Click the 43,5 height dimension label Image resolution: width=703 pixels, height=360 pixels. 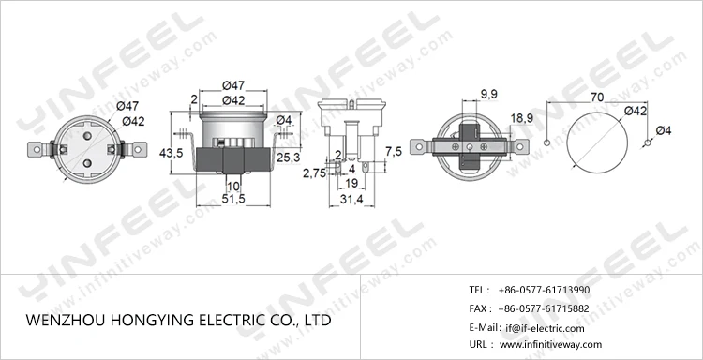point(172,153)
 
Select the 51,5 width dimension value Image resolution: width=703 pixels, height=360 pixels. point(233,199)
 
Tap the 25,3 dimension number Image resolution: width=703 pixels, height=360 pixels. point(289,157)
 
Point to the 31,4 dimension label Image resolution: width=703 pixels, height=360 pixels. point(351,200)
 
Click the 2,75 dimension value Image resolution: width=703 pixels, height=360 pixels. point(315,173)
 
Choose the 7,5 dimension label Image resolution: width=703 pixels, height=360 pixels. point(394,151)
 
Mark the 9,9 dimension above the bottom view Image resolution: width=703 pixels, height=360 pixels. point(488,94)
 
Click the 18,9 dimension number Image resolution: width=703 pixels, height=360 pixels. point(522,118)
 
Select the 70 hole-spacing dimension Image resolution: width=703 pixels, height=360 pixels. point(597,97)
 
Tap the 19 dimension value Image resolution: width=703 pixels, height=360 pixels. point(351,183)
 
